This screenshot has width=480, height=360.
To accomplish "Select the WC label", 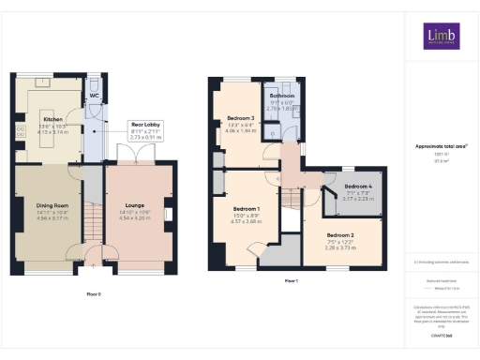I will click(95, 96).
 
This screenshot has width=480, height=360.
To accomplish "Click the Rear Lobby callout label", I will click(143, 124).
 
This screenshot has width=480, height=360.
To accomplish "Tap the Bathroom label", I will click(283, 97).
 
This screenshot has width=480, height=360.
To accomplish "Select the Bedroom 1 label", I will click(246, 207).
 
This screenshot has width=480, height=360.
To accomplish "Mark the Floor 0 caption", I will click(94, 293).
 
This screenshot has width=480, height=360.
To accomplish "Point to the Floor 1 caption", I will click(291, 280).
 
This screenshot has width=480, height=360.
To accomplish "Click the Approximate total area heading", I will click(441, 147).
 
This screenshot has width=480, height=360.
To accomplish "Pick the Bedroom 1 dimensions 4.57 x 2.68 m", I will click(246, 223).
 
